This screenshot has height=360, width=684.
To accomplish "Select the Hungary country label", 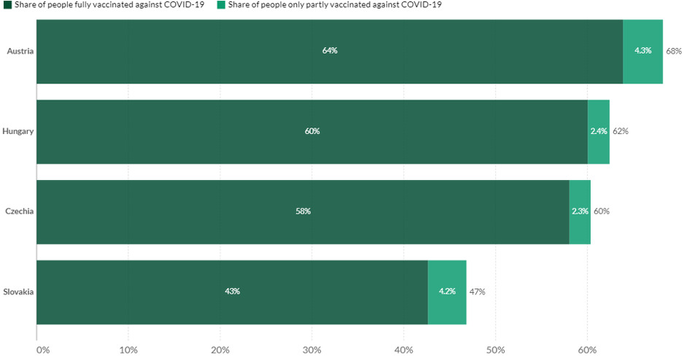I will (18, 131).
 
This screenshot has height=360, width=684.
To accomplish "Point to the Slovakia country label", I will (18, 291).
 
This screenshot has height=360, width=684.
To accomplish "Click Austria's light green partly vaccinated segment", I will (642, 51).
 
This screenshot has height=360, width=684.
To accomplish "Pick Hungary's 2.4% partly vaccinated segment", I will (598, 131).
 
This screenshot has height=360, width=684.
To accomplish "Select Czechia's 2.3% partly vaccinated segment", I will (580, 211).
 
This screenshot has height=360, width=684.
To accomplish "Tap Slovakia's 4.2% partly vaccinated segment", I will (447, 291).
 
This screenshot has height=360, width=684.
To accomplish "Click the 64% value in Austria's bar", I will (330, 51).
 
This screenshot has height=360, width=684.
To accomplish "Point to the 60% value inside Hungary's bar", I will (312, 131).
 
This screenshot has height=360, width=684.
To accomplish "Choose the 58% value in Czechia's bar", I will (303, 211).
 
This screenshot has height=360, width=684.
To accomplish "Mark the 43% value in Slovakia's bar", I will (232, 291).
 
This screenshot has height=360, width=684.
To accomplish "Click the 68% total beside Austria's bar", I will (673, 51).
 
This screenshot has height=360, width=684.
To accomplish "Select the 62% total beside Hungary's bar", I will (621, 131).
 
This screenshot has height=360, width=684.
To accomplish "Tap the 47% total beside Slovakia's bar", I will (477, 291).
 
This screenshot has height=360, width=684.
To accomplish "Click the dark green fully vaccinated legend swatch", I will (8, 5).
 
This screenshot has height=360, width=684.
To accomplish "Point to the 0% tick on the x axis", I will (42, 351).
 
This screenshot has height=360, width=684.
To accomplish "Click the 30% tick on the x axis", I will (311, 351).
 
